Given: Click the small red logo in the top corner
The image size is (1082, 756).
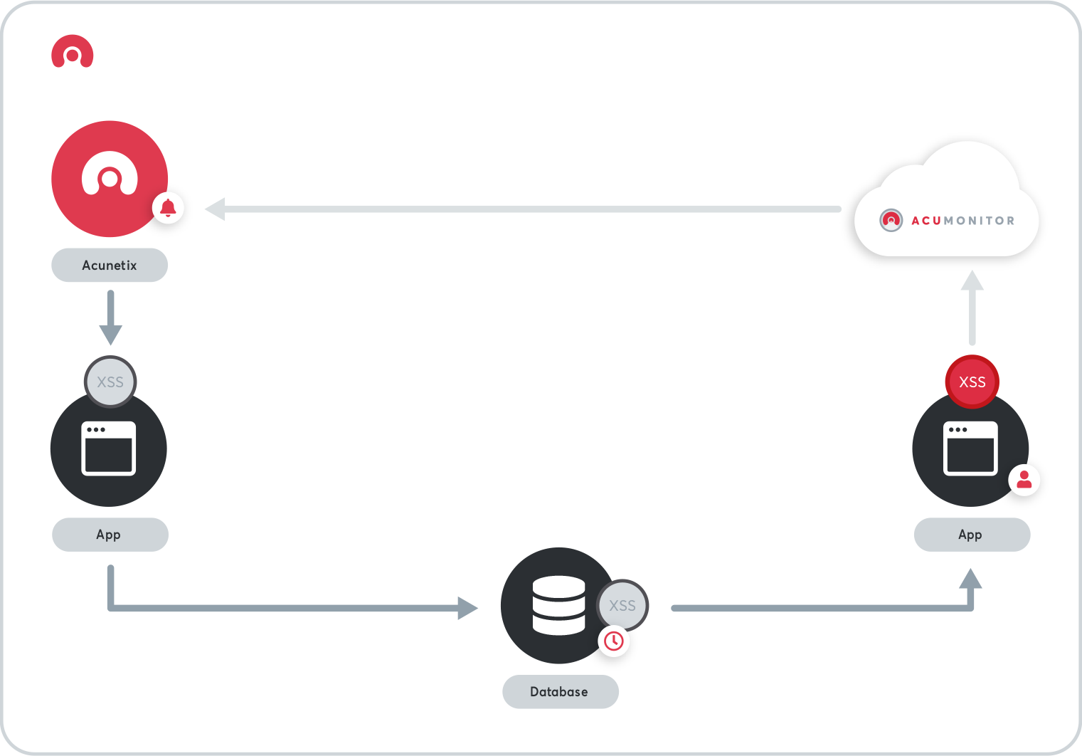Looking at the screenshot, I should [72, 52].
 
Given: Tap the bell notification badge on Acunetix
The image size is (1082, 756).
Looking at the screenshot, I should [169, 208].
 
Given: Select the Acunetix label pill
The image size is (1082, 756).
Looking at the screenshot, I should [110, 266].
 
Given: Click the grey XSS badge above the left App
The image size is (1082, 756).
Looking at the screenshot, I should [110, 382].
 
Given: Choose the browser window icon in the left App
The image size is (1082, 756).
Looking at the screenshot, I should [109, 448].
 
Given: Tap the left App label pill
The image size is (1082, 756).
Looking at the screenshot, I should [110, 535].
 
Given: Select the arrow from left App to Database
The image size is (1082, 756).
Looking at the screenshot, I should [285, 607].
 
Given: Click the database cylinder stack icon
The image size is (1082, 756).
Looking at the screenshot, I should [558, 605].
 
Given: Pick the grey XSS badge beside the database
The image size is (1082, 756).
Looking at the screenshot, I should [622, 606].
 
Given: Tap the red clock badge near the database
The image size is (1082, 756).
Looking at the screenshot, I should [613, 641].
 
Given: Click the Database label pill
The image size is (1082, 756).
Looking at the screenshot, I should [560, 692].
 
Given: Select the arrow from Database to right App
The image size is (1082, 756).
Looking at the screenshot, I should [818, 607].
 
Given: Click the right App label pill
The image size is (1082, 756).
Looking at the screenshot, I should [971, 535].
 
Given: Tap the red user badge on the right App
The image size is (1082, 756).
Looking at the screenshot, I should [1024, 480].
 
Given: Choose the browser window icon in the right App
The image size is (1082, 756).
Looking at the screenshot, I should [970, 448].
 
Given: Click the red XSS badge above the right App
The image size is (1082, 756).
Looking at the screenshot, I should [972, 382].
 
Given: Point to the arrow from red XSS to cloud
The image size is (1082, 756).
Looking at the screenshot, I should [972, 310].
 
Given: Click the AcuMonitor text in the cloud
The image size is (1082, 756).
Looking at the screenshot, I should [962, 221].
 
